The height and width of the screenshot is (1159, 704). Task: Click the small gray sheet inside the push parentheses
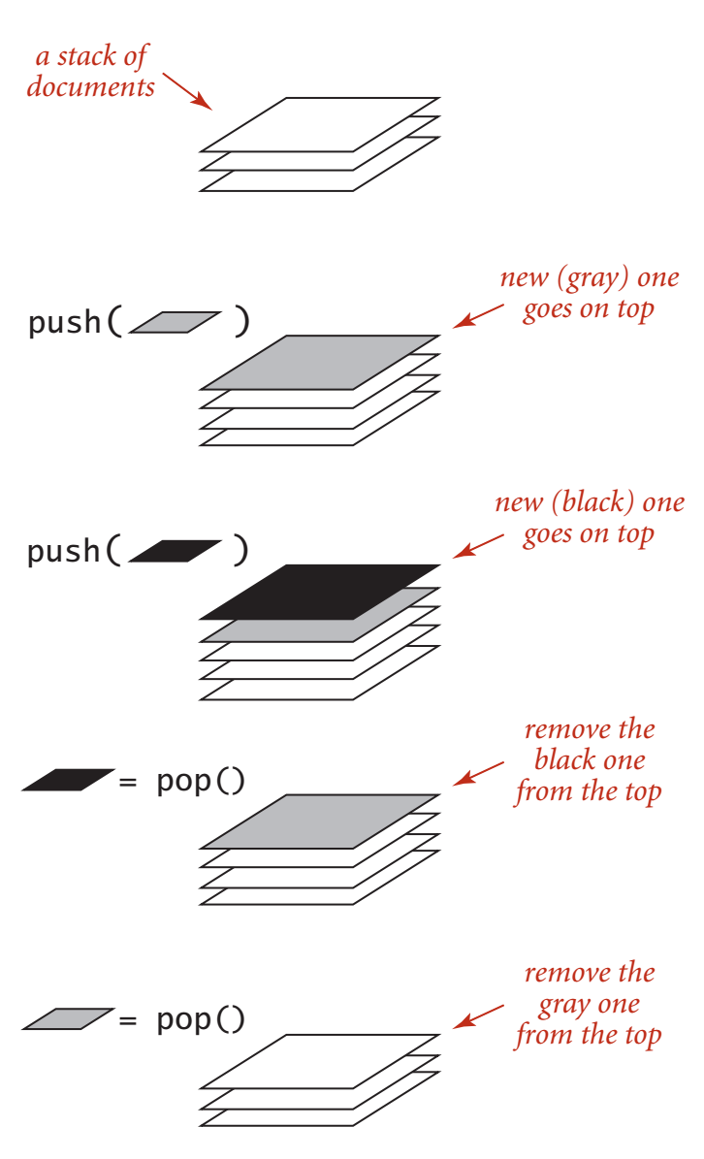tap(176, 322)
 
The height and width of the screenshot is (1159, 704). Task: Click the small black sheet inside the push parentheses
tap(176, 552)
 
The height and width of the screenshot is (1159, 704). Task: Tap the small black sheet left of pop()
tap(68, 780)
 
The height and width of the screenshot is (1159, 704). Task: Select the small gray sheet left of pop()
tap(68, 1018)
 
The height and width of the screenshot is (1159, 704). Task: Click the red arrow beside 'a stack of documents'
tap(187, 91)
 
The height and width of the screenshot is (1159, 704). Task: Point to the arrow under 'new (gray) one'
tap(478, 315)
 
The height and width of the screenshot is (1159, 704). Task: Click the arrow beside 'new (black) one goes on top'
tap(478, 545)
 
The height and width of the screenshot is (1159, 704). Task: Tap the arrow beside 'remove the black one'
tap(478, 773)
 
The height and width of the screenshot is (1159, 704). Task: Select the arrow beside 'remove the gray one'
tap(478, 1016)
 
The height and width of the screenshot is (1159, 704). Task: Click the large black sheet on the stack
tap(320, 592)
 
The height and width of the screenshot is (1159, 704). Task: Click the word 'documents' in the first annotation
tap(91, 87)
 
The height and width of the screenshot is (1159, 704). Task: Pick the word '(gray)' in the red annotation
tap(593, 279)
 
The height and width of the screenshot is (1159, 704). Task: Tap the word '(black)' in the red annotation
tap(593, 502)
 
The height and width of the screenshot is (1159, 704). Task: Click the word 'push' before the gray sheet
tap(64, 323)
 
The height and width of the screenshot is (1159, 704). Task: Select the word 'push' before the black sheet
tap(64, 552)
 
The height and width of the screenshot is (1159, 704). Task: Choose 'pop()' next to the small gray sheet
tap(200, 1020)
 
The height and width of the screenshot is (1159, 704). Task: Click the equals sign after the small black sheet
tap(128, 782)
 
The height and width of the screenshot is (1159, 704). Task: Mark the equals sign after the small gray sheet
tap(128, 1020)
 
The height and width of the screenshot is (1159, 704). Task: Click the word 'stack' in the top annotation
tap(87, 56)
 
